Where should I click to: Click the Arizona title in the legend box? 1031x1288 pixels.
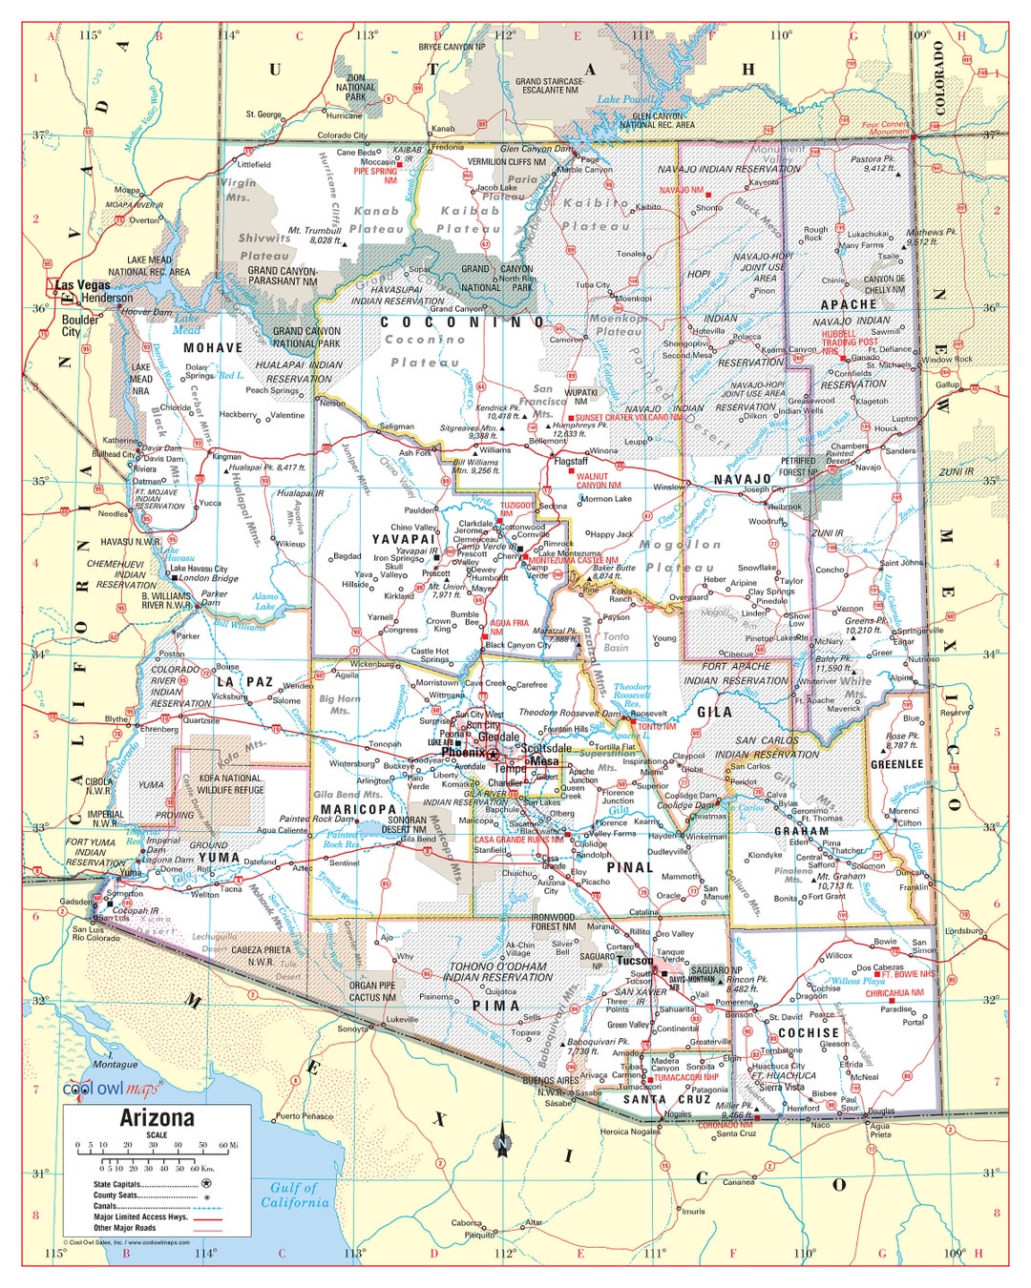pos(157,1117)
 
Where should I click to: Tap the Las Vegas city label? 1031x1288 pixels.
pos(83,285)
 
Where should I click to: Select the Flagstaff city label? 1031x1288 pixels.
pos(571,461)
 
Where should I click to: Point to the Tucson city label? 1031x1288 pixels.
pos(634,961)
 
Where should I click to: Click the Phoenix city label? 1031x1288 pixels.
pos(463,753)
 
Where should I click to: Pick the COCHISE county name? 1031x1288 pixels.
pos(808,1032)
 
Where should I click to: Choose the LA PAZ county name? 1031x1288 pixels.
pos(245,682)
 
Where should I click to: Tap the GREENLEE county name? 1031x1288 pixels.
pos(896,764)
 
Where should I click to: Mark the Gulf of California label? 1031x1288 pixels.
pos(294,1195)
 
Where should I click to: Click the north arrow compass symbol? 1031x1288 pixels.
pos(502,1140)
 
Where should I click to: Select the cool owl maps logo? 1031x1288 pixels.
pos(111,1090)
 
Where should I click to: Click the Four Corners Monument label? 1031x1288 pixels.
pos(885,128)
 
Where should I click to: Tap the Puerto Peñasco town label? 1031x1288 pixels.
pos(304,1115)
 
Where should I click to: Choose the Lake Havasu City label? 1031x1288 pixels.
pos(199,569)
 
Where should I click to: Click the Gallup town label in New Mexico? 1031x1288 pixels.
pos(947,385)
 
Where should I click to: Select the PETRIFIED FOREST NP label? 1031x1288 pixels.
pos(798,466)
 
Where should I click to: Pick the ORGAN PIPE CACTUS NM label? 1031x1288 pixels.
pos(371,991)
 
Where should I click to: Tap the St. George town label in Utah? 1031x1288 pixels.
pos(263,114)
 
